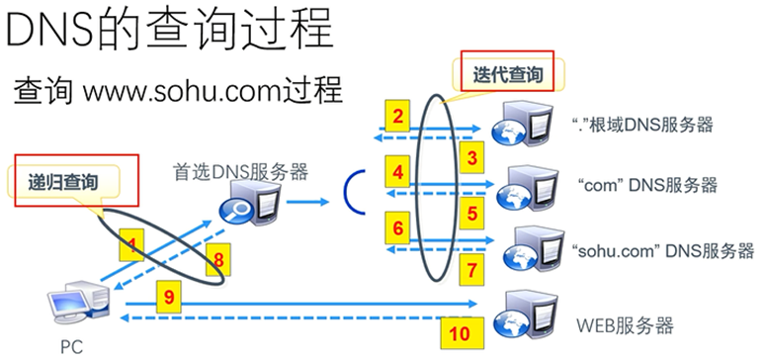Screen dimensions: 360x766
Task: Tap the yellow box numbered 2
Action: (x=398, y=118)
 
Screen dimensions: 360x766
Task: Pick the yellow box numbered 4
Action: (x=398, y=173)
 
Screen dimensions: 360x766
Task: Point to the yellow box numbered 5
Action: (x=472, y=211)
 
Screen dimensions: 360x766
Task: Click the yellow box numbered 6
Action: (x=398, y=229)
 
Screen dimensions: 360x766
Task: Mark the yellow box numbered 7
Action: (x=472, y=268)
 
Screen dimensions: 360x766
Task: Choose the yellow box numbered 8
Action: (x=219, y=260)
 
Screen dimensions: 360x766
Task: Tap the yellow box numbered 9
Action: (x=169, y=294)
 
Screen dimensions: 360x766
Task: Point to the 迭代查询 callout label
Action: (x=508, y=72)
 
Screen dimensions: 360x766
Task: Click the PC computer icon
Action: (x=82, y=303)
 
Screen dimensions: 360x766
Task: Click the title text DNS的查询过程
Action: (x=169, y=30)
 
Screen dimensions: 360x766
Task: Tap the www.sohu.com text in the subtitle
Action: (x=175, y=91)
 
